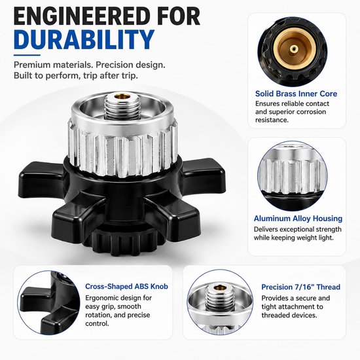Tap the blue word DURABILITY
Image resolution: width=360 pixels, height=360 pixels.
(x=84, y=39)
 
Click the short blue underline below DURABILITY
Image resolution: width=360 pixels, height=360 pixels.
(x=27, y=55)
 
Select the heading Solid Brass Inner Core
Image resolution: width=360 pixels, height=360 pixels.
(x=296, y=94)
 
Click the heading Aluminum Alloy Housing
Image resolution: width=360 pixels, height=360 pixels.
(x=298, y=219)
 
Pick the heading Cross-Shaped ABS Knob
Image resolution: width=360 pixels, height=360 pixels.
(x=126, y=286)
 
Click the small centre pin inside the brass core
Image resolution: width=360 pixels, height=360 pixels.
(x=293, y=48)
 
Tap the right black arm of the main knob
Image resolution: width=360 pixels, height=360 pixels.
(x=204, y=175)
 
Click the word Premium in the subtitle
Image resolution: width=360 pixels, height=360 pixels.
(x=31, y=65)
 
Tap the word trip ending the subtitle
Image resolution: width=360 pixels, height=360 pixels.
(x=129, y=75)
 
